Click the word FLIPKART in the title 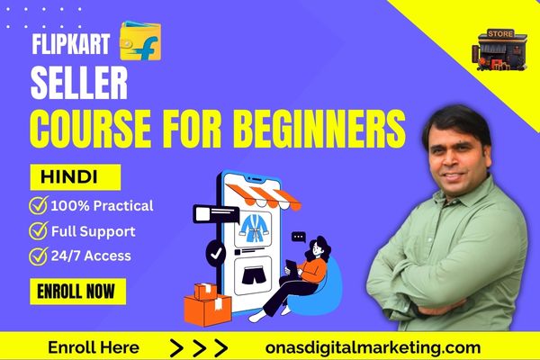click(70, 44)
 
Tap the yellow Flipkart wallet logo click(140, 41)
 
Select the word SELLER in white click(79, 83)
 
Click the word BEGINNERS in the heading click(321, 130)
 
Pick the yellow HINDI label click(76, 177)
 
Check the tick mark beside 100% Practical click(38, 205)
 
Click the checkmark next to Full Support click(38, 230)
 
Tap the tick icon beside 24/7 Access click(38, 256)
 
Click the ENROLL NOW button click(77, 292)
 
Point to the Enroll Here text click(94, 347)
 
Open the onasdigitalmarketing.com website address click(373, 347)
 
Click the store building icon click(499, 50)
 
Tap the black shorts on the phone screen click(256, 276)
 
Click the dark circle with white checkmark click(216, 254)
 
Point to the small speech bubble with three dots click(298, 237)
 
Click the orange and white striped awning click(263, 197)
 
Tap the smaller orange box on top click(205, 292)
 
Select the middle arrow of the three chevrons click(199, 348)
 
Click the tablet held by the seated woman click(291, 267)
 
